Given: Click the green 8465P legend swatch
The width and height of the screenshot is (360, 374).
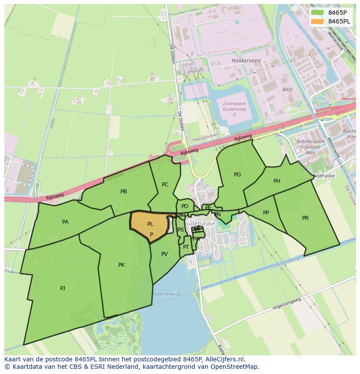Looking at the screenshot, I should click(x=317, y=12).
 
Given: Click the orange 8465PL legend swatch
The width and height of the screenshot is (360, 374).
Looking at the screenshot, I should click(x=317, y=21).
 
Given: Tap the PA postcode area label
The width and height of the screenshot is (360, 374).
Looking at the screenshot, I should click(x=65, y=222).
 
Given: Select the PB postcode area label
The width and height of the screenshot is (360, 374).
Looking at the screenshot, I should click(x=123, y=192).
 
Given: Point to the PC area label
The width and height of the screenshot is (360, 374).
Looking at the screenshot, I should click(x=165, y=185).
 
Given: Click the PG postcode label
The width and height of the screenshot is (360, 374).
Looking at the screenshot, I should click(x=237, y=175).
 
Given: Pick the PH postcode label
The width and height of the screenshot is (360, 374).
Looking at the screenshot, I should click(x=277, y=181).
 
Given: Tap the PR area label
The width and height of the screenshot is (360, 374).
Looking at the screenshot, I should click(x=305, y=218).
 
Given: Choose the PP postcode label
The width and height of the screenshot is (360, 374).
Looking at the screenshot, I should click(x=266, y=213).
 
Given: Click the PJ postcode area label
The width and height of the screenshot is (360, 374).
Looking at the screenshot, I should click(x=63, y=288).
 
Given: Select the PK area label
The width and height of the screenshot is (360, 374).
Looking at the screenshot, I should click(x=121, y=265).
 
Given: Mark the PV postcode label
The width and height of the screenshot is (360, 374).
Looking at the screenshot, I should click(x=164, y=254).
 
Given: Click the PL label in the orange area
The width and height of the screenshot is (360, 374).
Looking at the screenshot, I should click(x=150, y=225).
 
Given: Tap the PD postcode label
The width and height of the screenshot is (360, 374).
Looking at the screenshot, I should click(x=185, y=206).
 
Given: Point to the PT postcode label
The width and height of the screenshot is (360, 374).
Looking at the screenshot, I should click(x=186, y=247).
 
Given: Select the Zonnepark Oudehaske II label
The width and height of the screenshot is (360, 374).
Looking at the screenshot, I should click(x=234, y=109).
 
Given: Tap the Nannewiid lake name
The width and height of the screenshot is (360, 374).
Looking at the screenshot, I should click(x=166, y=294).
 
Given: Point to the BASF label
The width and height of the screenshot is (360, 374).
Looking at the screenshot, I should click(x=287, y=89).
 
